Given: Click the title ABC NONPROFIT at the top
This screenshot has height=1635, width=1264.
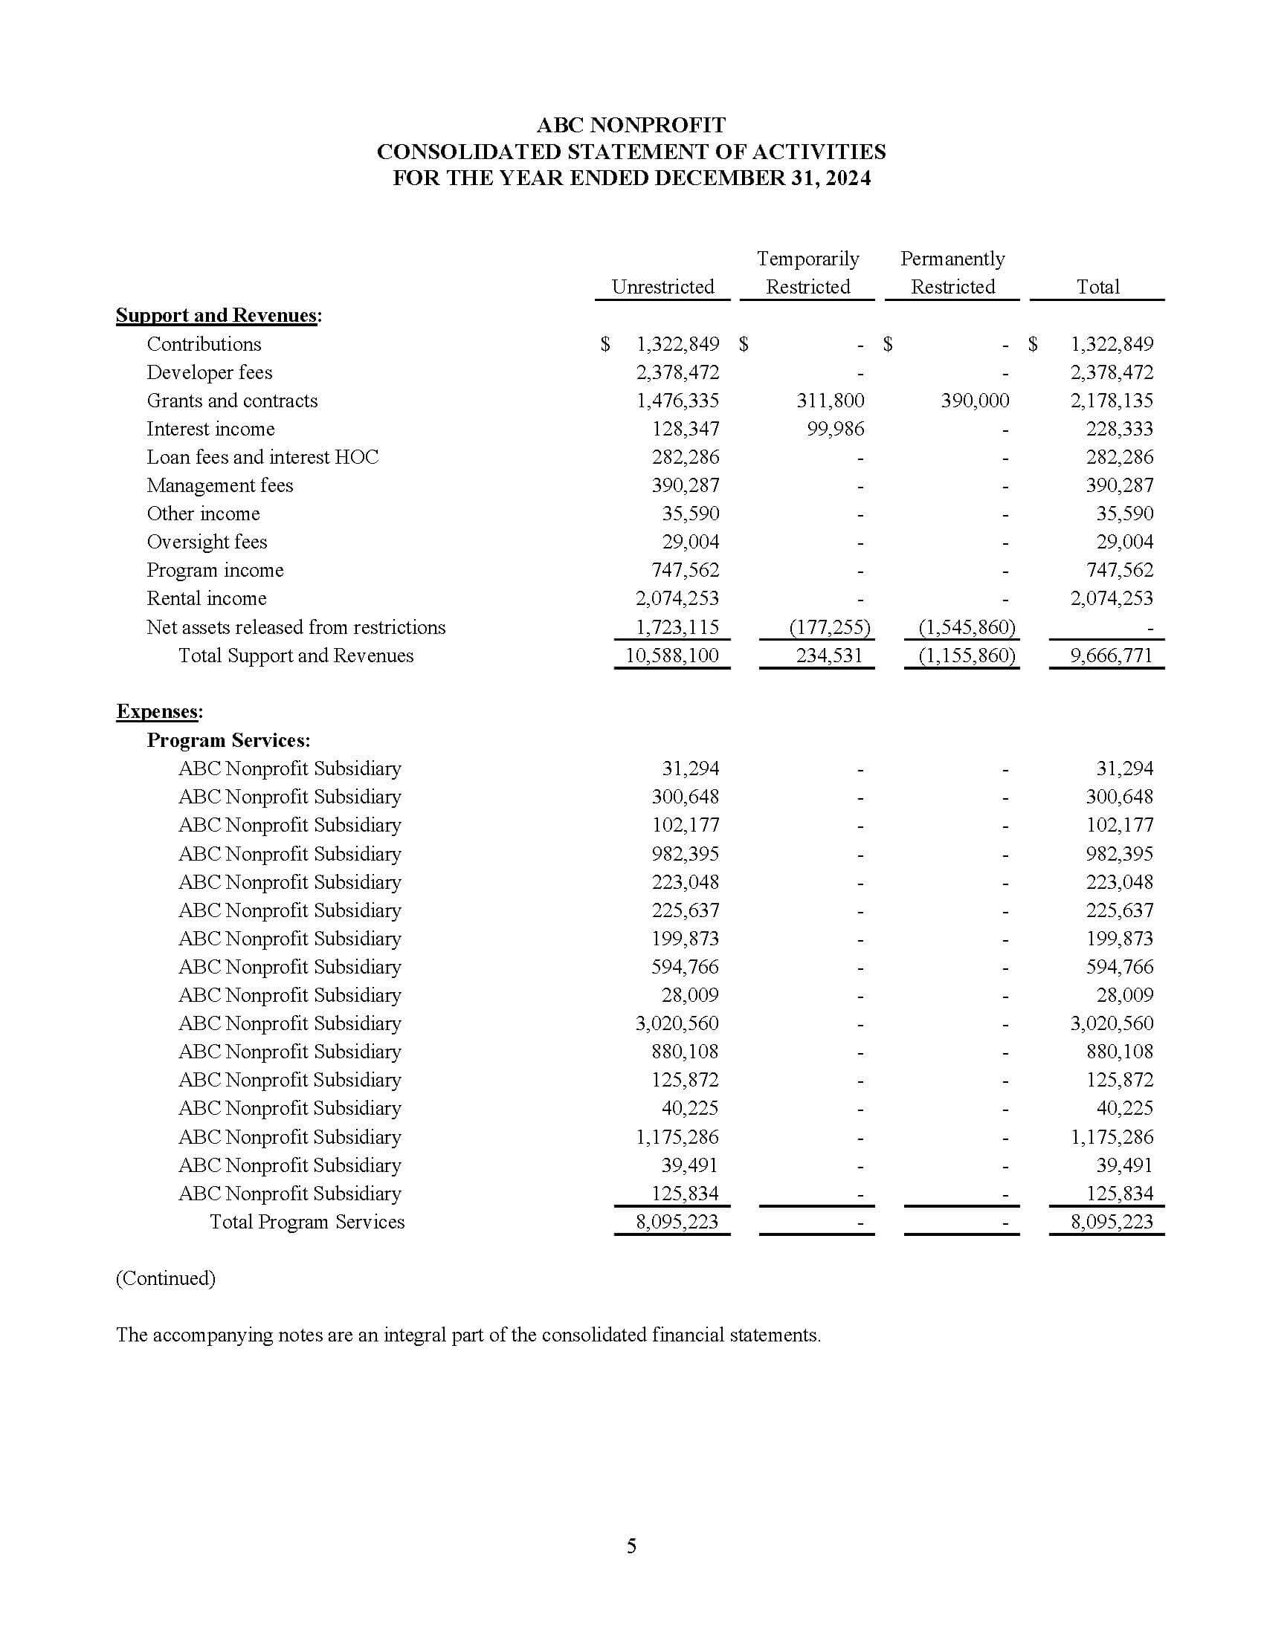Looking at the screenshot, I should pos(631,124).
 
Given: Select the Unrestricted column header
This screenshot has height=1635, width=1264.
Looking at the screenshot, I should pos(662,287).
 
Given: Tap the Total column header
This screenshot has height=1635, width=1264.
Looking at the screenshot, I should pos(1097,287).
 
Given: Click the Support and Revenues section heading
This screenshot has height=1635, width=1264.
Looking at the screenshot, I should pos(218,315).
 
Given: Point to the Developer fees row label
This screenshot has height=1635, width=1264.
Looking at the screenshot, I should pos(209,372).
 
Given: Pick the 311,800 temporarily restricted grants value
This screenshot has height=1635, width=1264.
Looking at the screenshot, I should pos(830,401).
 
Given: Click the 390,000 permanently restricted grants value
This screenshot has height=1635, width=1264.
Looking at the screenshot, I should pos(974,401).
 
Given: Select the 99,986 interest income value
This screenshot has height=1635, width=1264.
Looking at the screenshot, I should pos(835,429).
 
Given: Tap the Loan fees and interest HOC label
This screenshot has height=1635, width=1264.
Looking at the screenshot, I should pos(262,457).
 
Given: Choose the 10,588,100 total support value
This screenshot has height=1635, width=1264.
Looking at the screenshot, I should pos(671,655).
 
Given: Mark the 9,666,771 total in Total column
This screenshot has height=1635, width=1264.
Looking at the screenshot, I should pos(1112,655).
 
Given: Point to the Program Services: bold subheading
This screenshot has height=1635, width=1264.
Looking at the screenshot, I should pos(228,740).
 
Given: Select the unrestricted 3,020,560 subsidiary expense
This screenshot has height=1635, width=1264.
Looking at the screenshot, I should pos(676,1023).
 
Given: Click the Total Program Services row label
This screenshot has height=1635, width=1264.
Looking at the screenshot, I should pos(306,1222).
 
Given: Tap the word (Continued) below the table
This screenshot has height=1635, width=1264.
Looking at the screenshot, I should pos(166,1278).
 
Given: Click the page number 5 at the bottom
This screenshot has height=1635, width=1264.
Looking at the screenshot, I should pos(631,1546).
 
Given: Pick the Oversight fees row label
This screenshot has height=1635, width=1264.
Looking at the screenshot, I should pos(207,542).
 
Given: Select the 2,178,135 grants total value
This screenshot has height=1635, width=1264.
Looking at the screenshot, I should pos(1112,401).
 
